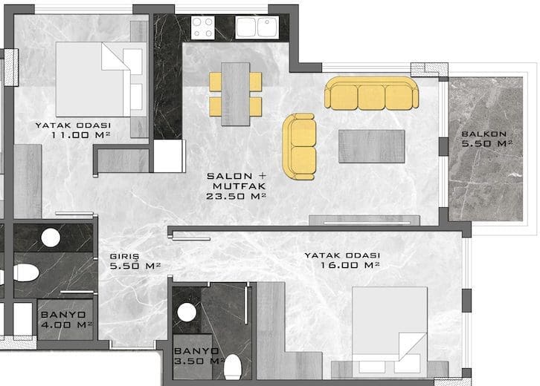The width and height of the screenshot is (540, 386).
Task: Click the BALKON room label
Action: pyautogui.click(x=484, y=134)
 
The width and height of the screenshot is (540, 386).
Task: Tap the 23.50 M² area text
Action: pyautogui.click(x=237, y=196)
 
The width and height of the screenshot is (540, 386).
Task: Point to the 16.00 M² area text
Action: pyautogui.click(x=350, y=265)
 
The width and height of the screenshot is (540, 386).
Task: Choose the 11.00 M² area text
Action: pyautogui.click(x=81, y=135)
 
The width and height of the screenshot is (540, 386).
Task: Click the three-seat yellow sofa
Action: pyautogui.click(x=372, y=93)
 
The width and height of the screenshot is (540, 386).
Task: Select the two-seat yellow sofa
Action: pyautogui.click(x=299, y=147)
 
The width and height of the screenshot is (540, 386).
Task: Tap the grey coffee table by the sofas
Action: pyautogui.click(x=372, y=146)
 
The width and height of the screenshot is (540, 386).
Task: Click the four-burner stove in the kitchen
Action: pyautogui.click(x=202, y=27)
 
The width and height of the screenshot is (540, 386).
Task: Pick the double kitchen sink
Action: pyautogui.click(x=257, y=27)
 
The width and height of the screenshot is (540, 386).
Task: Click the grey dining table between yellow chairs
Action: pyautogui.click(x=236, y=94)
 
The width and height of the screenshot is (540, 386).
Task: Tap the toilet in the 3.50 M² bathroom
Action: pyautogui.click(x=233, y=367)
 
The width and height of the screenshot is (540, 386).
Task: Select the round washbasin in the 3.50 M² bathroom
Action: pyautogui.click(x=187, y=313)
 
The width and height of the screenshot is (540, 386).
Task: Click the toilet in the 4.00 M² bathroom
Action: pyautogui.click(x=26, y=273)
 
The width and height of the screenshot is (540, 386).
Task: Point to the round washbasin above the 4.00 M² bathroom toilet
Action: pyautogui.click(x=51, y=238)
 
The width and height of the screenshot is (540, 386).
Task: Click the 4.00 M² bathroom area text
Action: pyautogui.click(x=66, y=324)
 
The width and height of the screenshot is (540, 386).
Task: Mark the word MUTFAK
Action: pyautogui.click(x=240, y=186)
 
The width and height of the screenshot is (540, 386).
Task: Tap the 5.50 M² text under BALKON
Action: pyautogui.click(x=486, y=143)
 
